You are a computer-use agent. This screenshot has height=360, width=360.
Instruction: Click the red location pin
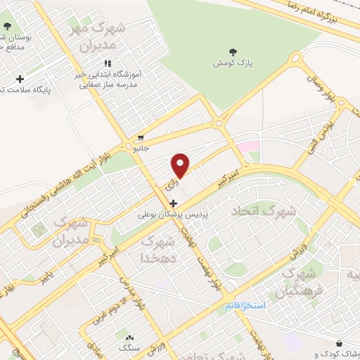click(181, 165)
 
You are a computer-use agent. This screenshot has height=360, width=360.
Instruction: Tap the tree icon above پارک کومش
click(233, 51)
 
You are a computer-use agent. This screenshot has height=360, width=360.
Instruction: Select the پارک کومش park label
click(233, 63)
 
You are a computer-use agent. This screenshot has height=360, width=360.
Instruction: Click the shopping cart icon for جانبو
click(141, 137)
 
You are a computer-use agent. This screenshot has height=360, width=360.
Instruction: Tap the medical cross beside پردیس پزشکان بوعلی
click(174, 203)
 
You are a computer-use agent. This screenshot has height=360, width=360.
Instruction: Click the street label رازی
click(168, 186)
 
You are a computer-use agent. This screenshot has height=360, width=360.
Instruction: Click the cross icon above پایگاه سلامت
click(20, 79)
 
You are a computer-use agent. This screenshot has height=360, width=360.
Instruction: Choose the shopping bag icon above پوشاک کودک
click(340, 343)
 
